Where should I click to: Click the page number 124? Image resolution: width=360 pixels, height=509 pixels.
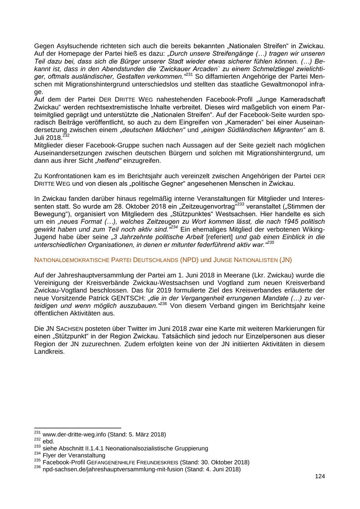click(320, 476)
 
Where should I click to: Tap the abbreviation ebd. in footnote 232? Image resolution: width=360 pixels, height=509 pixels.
click(48, 441)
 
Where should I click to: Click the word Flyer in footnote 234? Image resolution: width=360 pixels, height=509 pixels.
click(50, 455)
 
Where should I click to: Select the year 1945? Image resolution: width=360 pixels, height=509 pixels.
click(284, 221)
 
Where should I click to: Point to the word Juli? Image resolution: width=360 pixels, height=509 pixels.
click(40, 138)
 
